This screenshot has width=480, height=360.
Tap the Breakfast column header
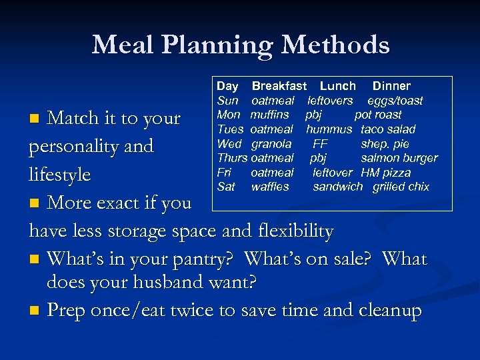[279, 86]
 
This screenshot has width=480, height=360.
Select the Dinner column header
[391, 86]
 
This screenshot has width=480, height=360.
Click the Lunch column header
[337, 86]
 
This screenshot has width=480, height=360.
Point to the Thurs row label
[231, 158]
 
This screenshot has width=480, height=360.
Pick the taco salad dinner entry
[387, 129]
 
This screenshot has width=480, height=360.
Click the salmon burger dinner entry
[399, 158]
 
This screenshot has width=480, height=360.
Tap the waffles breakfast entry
[270, 187]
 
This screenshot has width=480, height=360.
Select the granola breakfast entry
[271, 144]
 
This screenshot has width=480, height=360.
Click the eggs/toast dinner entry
[395, 101]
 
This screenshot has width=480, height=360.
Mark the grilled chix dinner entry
[401, 187]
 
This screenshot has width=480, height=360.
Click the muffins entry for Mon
[269, 115]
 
